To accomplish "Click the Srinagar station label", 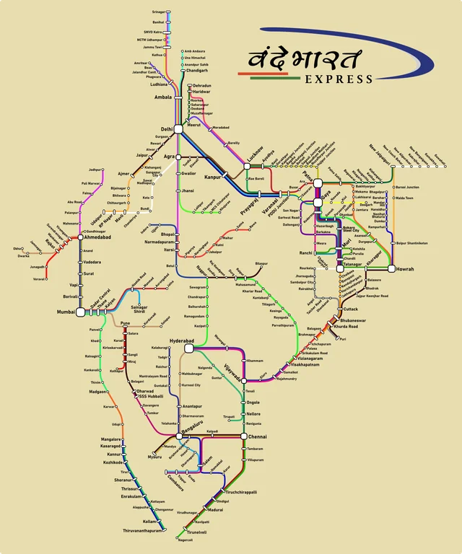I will coord(158,12).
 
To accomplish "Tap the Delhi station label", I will coord(166,129).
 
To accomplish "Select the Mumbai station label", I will coord(66,312).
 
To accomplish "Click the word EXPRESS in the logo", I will coord(339,79).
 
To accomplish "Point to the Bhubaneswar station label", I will coord(353,320).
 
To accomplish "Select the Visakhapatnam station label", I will coord(309,364).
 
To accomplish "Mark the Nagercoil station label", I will coord(186,540).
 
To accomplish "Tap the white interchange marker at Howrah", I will coord(391,268).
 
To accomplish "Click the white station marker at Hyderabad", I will coord(188,348).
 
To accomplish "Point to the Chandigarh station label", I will coord(198,71).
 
